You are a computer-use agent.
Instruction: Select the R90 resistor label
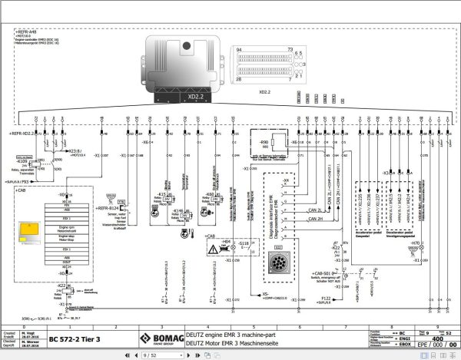pyautogui.click(x=264, y=143)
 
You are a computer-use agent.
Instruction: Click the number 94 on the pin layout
pyautogui.click(x=240, y=48)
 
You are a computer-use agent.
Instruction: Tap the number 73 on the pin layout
pyautogui.click(x=290, y=48)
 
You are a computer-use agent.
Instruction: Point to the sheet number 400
pyautogui.click(x=436, y=316)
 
